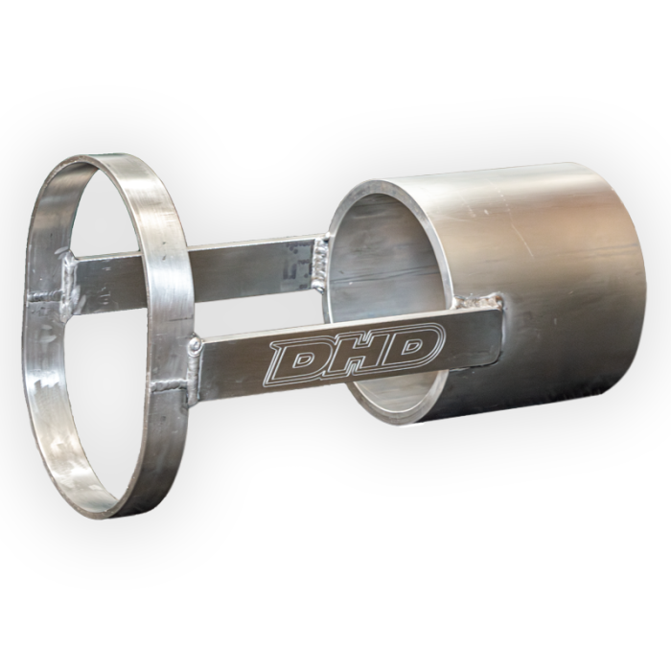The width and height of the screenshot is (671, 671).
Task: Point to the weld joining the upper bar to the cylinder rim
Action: point(323,252)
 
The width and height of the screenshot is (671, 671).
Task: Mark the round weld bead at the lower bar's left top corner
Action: point(195,342)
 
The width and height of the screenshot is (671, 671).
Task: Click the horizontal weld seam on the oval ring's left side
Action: point(46,300)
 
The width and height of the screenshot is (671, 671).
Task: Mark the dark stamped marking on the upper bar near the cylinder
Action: point(299,263)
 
